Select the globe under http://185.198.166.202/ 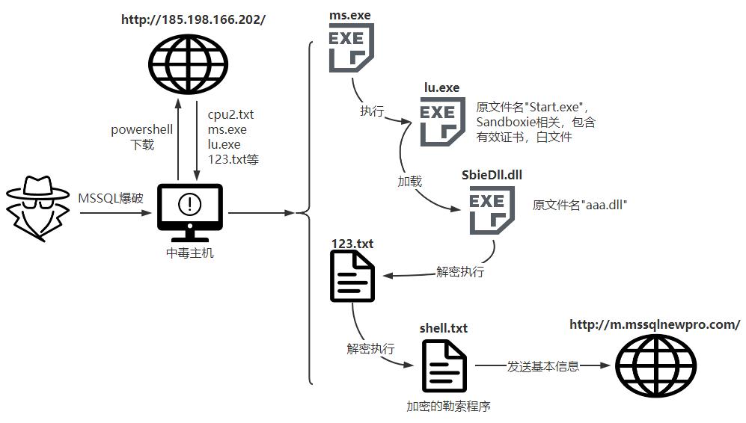[186, 59]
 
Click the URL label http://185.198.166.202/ [193, 19]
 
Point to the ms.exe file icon [351, 47]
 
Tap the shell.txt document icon [444, 365]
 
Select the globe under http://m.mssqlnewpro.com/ [655, 365]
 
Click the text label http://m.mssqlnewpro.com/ [655, 324]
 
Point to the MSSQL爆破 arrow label [111, 199]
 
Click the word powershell [142, 129]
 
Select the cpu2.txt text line [230, 115]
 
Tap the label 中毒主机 [189, 253]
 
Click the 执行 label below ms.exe [372, 111]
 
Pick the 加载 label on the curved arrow [409, 181]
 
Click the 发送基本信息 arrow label [543, 366]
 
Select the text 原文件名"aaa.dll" [578, 204]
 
